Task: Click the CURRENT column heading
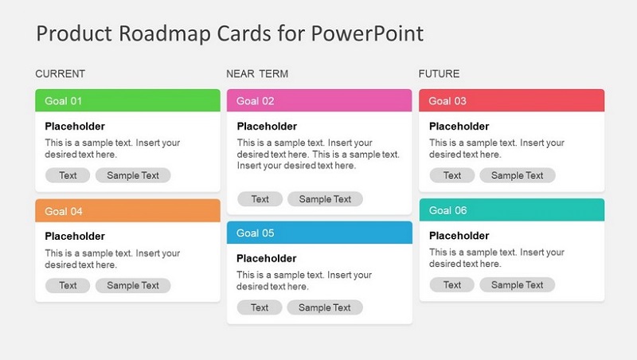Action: (x=61, y=73)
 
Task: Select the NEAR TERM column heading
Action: (x=257, y=73)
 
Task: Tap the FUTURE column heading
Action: (x=440, y=73)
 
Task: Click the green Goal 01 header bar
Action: (x=127, y=100)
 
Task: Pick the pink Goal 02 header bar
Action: (x=319, y=100)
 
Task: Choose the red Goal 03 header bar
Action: (x=511, y=100)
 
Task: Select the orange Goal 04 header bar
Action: (x=127, y=210)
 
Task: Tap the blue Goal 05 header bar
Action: (x=319, y=233)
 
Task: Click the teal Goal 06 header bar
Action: (x=512, y=209)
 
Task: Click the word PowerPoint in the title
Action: (x=367, y=33)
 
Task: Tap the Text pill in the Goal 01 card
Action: (x=68, y=175)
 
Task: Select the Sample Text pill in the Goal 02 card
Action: (x=325, y=198)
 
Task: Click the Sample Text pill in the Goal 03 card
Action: (x=517, y=175)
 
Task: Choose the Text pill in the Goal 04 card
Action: (x=68, y=285)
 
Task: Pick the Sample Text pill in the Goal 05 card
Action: (x=325, y=307)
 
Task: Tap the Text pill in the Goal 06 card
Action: (x=451, y=284)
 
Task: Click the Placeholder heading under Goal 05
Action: (x=267, y=258)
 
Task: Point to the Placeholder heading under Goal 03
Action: (x=459, y=127)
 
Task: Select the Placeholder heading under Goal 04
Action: (x=75, y=236)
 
